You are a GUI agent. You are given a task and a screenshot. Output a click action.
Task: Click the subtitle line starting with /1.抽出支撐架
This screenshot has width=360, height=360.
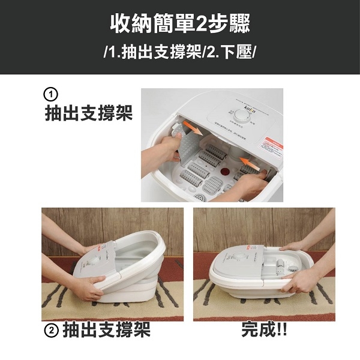180,52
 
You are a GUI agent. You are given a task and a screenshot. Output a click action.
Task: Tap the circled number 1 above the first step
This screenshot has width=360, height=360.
52,95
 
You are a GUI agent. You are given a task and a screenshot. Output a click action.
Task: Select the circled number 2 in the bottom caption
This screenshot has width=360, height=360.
52,330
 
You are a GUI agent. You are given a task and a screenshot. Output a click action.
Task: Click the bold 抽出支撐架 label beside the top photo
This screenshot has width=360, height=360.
88,114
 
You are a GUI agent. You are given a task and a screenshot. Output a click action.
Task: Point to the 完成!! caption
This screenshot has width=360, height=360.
264,330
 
